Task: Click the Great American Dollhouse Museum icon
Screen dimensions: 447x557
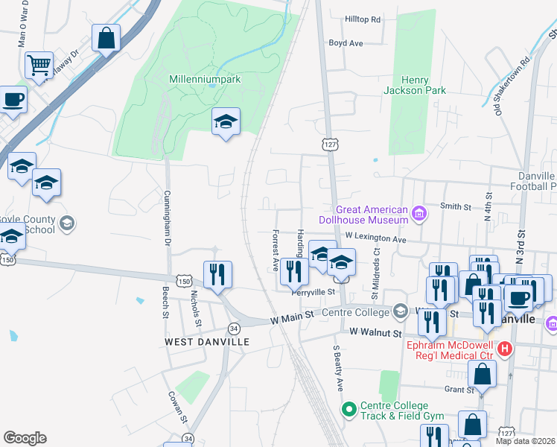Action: [x=418, y=215]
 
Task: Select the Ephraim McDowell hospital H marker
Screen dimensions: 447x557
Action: [x=505, y=348]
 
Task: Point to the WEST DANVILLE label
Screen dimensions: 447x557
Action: [x=206, y=341]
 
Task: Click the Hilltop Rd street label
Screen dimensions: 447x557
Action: [x=363, y=19]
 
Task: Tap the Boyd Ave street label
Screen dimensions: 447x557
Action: [x=346, y=43]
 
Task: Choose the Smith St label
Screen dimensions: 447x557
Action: [x=456, y=206]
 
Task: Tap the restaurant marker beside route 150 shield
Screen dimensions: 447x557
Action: [x=217, y=274]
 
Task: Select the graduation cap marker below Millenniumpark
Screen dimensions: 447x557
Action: [x=226, y=121]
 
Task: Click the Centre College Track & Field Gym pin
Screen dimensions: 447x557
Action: [x=348, y=409]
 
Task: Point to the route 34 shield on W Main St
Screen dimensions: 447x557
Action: [x=234, y=328]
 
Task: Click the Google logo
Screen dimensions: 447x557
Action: [x=25, y=438]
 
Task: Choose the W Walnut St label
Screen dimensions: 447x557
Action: [x=375, y=332]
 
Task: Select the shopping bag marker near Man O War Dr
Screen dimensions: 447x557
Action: [x=106, y=38]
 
